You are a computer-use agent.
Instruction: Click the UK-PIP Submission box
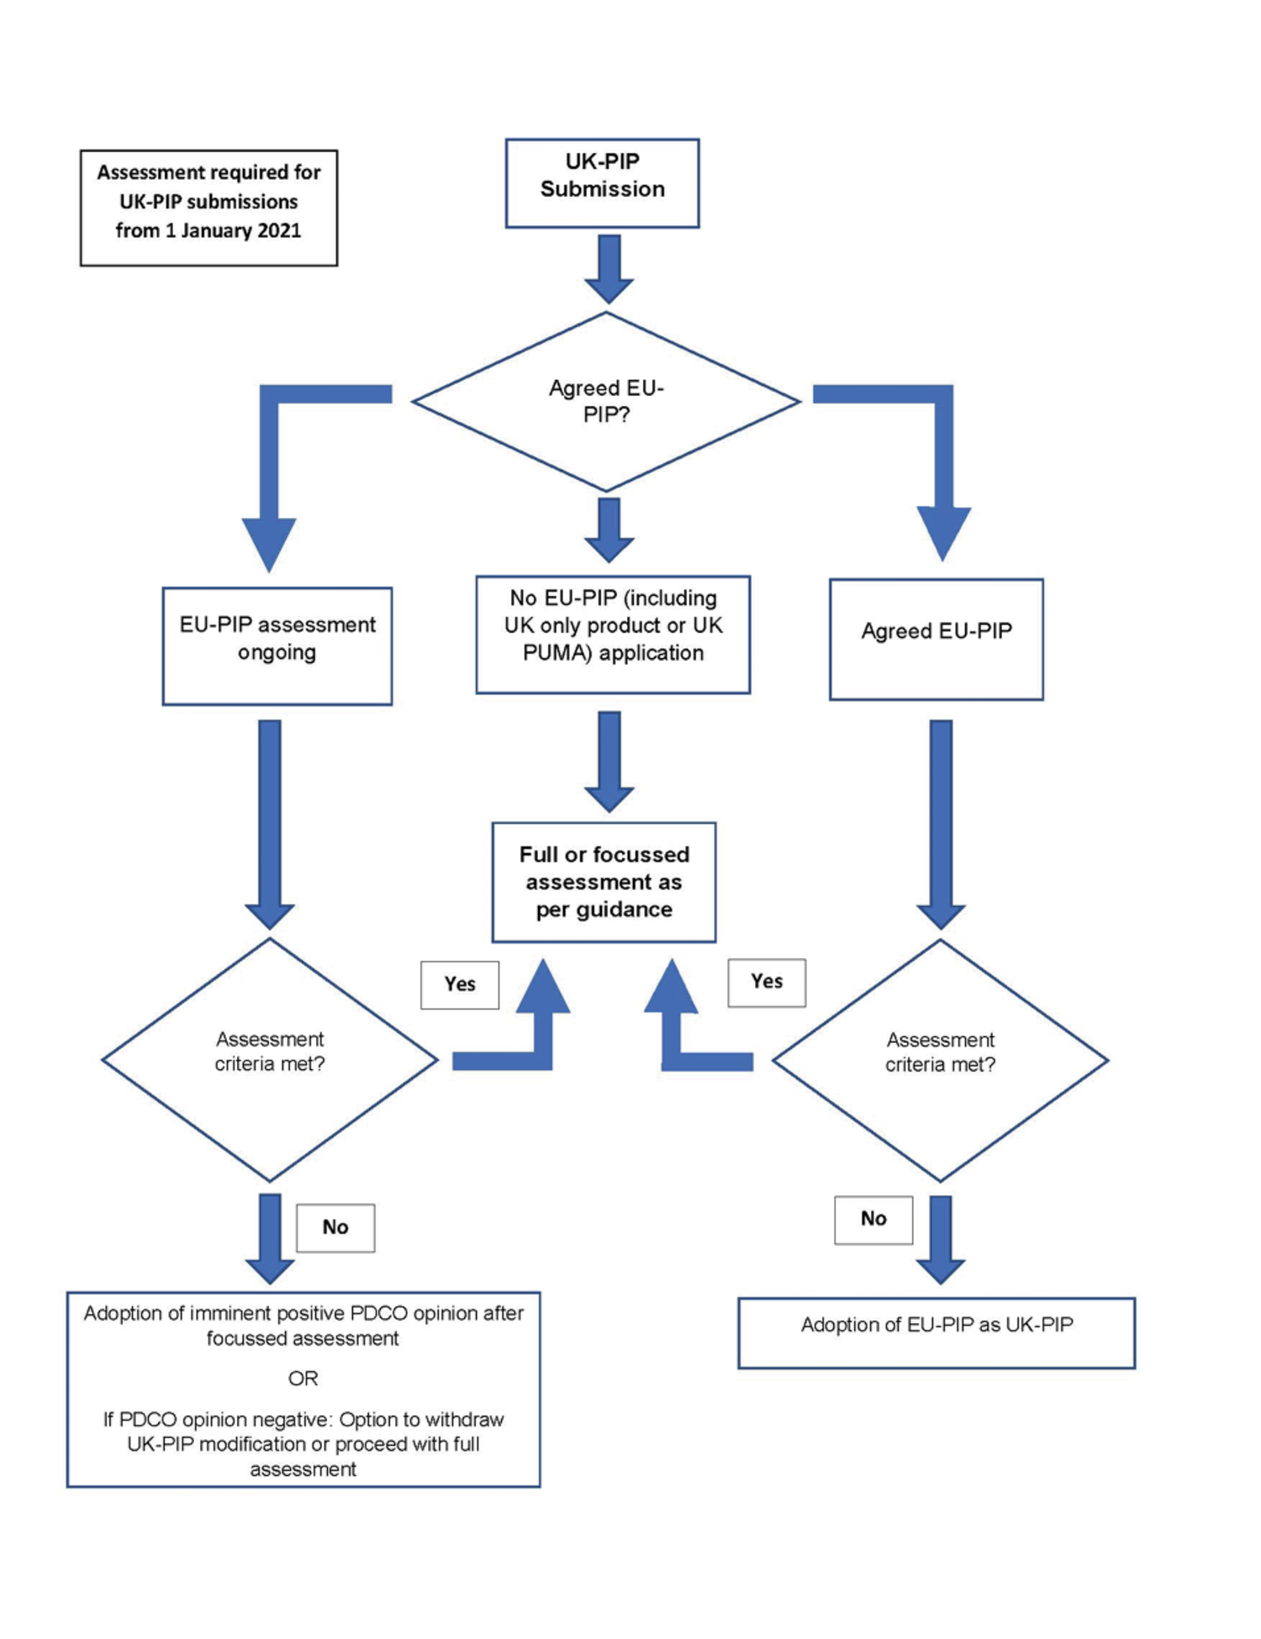coord(602,182)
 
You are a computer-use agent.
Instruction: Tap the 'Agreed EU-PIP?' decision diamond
coord(605,401)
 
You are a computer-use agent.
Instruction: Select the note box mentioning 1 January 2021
coord(208,208)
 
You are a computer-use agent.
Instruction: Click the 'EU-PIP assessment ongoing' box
coord(277,646)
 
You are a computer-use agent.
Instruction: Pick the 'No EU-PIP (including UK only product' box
coord(613,635)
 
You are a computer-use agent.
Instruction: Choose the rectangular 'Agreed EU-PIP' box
coord(936,639)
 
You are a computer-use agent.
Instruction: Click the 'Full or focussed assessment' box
coord(604,882)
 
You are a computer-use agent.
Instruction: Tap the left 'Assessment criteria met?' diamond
coord(269,1059)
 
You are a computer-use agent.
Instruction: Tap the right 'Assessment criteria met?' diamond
coord(940,1060)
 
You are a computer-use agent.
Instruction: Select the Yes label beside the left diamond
coord(460,984)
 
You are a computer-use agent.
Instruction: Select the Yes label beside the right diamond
coord(767,982)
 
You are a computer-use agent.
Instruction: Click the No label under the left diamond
coord(335,1228)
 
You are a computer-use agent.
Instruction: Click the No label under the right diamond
coord(873,1220)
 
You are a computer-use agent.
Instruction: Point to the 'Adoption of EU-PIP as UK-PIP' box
coord(937,1333)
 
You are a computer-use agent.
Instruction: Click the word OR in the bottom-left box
coord(303,1378)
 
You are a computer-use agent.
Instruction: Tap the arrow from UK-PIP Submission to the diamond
coord(609,267)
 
